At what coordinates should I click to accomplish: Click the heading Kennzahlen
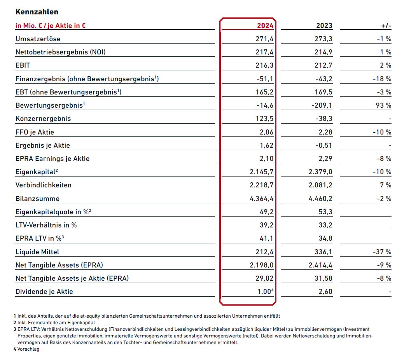tap(37, 12)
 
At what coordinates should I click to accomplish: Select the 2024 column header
tap(265, 26)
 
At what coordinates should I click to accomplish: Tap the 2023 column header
tap(324, 26)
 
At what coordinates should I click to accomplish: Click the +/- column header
tap(386, 26)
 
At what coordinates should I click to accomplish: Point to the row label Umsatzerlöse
tap(38, 39)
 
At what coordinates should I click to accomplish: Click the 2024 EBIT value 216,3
tap(264, 65)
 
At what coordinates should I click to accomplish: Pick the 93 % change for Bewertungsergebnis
tap(383, 105)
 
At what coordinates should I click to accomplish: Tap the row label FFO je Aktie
tap(35, 132)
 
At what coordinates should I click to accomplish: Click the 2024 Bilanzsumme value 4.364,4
tap(262, 199)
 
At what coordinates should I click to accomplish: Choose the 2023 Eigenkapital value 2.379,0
tap(321, 172)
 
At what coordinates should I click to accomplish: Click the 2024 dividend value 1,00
tap(264, 292)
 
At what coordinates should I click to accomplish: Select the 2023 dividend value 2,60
tap(325, 292)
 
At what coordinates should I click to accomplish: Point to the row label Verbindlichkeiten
tap(43, 185)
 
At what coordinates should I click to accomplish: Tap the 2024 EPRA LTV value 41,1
tap(267, 238)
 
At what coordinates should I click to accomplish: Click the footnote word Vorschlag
tap(28, 349)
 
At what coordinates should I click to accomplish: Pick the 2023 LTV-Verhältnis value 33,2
tap(325, 225)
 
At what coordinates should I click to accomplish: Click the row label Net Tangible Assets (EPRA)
tap(59, 265)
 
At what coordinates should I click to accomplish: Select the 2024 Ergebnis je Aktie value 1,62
tap(267, 145)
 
